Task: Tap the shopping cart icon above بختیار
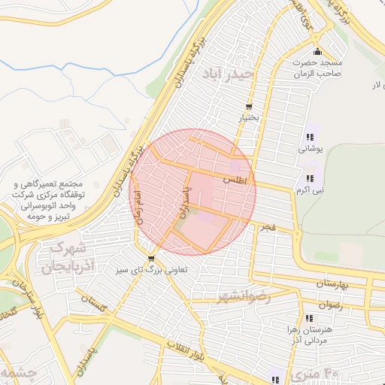pyautogui.click(x=249, y=107)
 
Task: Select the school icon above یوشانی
pyautogui.click(x=310, y=137)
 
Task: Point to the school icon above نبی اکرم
pyautogui.click(x=310, y=178)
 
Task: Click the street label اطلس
pyautogui.click(x=235, y=180)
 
